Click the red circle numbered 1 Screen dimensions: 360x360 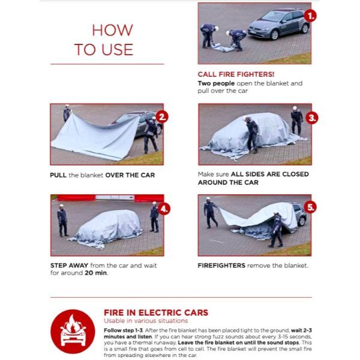coord(310,15)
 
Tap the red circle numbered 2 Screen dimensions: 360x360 coord(161,116)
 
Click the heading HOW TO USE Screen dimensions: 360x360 coord(108,40)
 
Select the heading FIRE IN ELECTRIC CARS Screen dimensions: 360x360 coord(156,312)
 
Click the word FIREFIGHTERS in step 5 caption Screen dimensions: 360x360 coord(221,265)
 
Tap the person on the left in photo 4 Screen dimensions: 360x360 coord(62,220)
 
